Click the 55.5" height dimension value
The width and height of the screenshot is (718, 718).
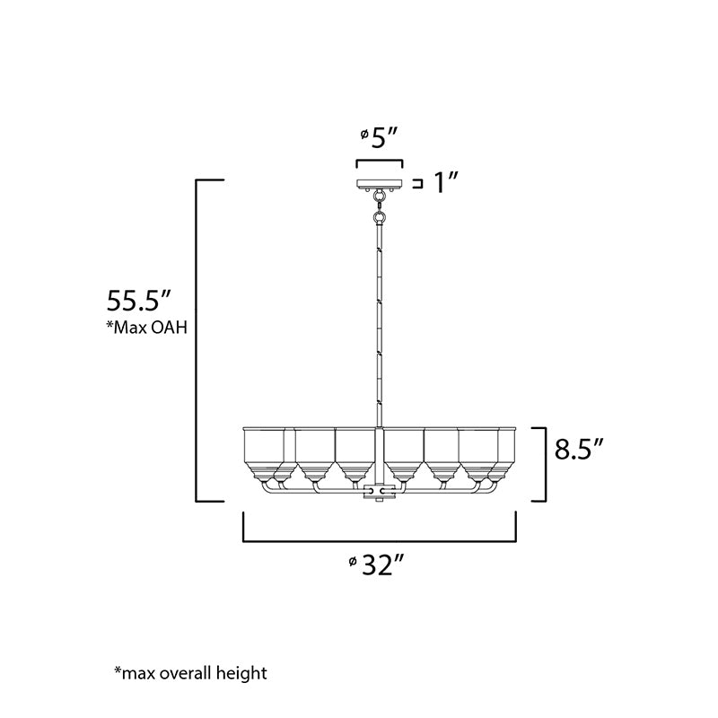pyautogui.click(x=138, y=301)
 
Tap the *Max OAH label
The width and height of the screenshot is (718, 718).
pyautogui.click(x=147, y=328)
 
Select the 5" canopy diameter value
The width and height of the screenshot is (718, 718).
pyautogui.click(x=384, y=137)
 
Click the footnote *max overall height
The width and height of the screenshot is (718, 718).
pyautogui.click(x=190, y=673)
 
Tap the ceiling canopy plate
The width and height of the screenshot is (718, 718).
pyautogui.click(x=380, y=184)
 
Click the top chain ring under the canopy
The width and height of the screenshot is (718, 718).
pyautogui.click(x=379, y=197)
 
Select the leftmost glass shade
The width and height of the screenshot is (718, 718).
pyautogui.click(x=263, y=453)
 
